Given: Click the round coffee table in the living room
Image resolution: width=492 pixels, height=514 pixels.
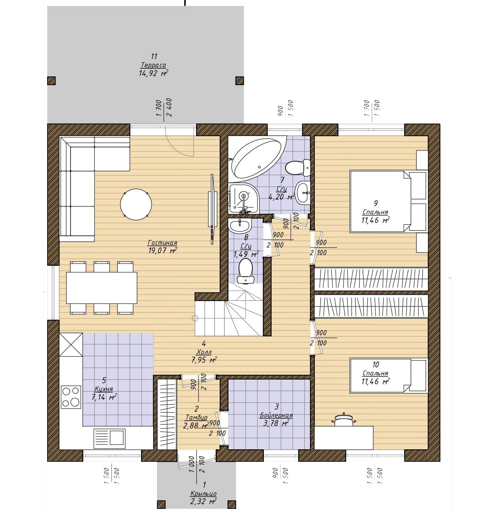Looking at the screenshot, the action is coord(136,204).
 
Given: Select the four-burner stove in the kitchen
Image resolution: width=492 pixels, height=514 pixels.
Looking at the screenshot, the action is coord(71,396).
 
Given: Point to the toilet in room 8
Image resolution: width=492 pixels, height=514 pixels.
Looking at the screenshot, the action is coord(245,271).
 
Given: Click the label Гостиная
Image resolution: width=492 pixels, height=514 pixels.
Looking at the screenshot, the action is coord(162,242).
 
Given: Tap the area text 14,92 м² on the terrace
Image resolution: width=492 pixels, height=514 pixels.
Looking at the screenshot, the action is coord(154,73).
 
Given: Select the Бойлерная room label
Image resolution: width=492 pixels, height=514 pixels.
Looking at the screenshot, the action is coord(276,415).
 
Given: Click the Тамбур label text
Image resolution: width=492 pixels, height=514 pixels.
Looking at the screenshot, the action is coord(197,417).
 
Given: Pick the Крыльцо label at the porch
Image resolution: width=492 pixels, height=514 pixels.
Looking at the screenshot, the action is coord(203,494).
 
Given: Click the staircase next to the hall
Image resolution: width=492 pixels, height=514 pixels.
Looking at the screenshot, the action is coord(229,312).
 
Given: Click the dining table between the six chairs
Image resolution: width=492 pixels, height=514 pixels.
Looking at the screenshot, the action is coord(102,288).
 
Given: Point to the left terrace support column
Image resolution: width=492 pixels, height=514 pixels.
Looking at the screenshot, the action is coord(51,80).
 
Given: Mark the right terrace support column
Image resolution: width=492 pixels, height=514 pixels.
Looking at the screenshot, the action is coord(239,80).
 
